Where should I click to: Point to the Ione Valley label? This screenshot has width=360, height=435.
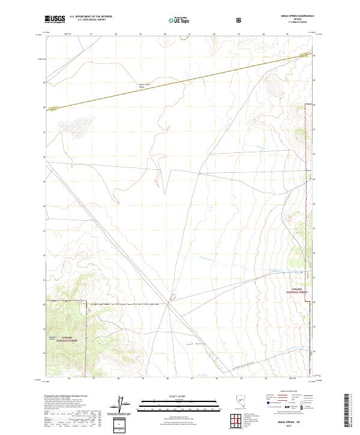(186, 344)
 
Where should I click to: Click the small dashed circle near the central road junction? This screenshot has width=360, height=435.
(172, 296)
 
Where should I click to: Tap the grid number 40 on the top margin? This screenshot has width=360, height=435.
(165, 34)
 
